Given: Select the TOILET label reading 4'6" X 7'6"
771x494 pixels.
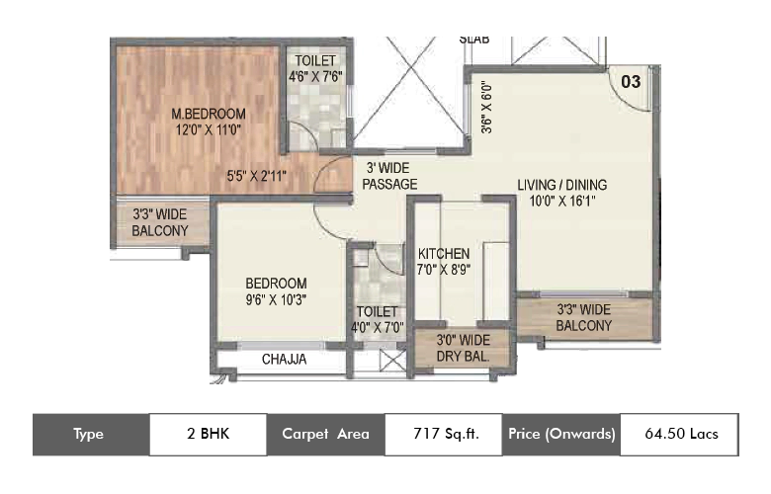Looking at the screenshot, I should [x=315, y=68].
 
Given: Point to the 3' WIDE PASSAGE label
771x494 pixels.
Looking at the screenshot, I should [x=389, y=176].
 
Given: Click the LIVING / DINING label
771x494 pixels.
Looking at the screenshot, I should [x=562, y=184].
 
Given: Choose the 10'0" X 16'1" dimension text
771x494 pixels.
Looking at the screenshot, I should [x=562, y=201].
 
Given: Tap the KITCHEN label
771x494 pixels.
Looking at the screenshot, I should [x=443, y=254].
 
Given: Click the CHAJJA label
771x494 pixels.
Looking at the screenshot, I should [x=284, y=360].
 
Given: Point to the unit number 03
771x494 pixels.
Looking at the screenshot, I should [x=630, y=82].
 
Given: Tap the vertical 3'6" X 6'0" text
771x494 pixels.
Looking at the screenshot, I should [x=485, y=106].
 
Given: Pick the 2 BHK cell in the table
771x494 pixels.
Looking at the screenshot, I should [x=208, y=434].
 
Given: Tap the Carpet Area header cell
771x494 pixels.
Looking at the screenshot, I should [x=325, y=434].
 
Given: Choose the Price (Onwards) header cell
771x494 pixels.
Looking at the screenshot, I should [x=561, y=434].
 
